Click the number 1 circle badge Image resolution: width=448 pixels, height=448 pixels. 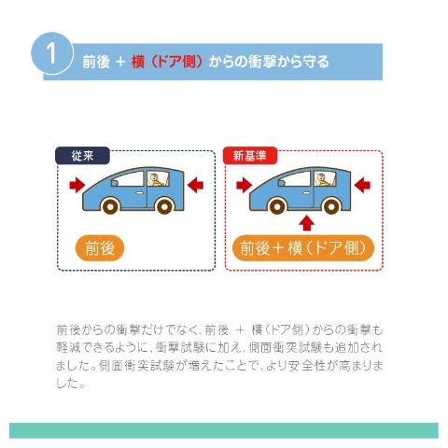52,53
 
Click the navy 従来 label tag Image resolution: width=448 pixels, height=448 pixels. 82,156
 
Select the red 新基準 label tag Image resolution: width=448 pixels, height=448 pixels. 250,156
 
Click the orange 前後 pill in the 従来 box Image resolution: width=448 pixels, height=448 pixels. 100,248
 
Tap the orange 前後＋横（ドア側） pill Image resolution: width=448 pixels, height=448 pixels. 303,248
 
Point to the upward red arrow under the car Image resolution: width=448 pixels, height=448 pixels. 307,223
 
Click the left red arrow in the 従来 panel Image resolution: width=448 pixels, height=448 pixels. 77,185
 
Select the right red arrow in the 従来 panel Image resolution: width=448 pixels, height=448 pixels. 195,185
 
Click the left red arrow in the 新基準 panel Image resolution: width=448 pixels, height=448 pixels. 245,185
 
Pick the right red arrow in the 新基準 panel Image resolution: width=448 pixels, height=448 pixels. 362,185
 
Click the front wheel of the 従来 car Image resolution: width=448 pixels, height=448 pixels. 110,205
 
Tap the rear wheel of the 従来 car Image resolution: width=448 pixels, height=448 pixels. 164,205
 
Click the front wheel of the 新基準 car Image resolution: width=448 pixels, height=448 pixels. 277,205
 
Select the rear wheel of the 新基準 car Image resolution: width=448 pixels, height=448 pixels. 331,205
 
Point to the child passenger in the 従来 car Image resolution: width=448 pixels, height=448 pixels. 157,180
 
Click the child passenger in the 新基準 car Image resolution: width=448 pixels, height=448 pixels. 324,180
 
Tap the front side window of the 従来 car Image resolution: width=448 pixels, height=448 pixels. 128,179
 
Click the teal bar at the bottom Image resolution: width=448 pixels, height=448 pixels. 224,430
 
